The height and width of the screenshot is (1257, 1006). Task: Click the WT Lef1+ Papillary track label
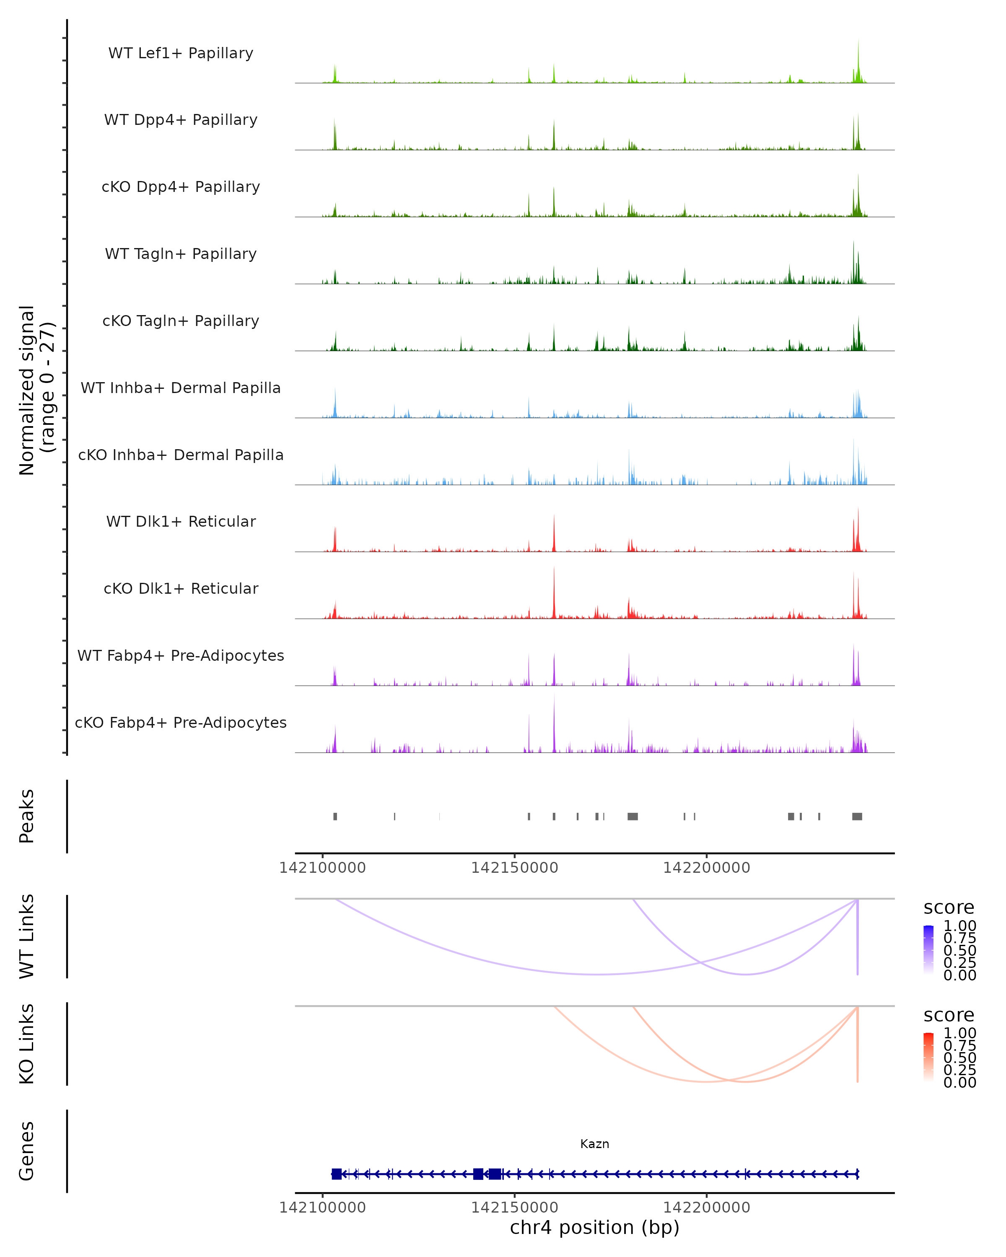pos(181,53)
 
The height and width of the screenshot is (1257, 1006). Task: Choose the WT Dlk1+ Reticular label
pos(181,521)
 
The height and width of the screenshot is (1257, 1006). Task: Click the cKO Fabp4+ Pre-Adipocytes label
pos(181,722)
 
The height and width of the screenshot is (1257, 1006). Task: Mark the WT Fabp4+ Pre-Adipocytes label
pos(181,655)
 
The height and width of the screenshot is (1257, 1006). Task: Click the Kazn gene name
pos(594,1144)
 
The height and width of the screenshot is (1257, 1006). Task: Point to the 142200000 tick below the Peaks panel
pos(706,868)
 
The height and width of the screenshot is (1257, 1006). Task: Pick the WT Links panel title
pos(27,936)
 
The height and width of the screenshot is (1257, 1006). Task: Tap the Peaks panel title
pos(27,816)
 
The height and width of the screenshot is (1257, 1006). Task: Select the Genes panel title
pos(27,1151)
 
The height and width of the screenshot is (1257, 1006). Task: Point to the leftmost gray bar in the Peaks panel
pos(335,816)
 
